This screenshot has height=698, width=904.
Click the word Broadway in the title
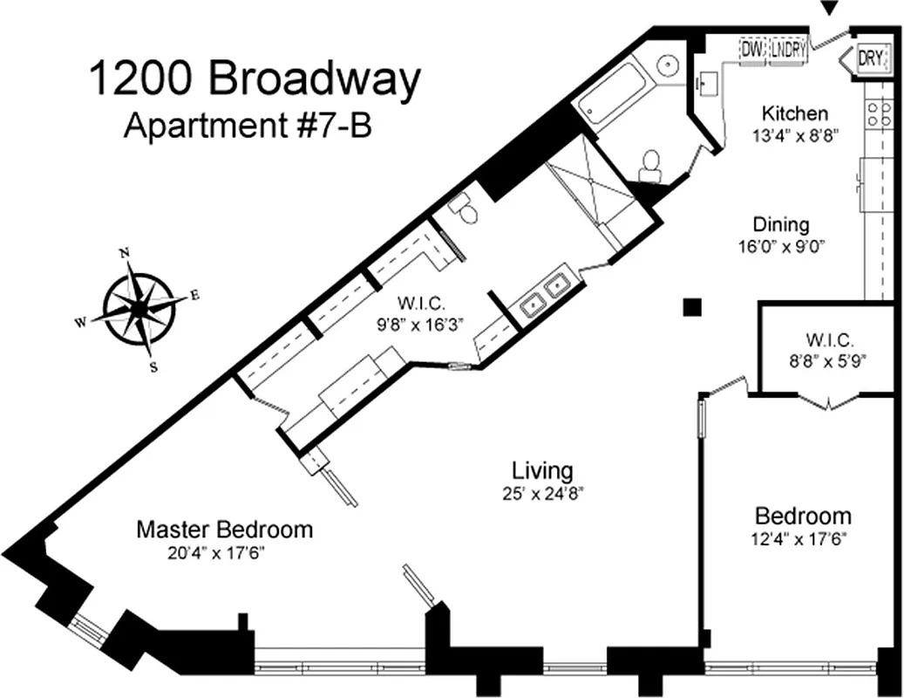(x=314, y=81)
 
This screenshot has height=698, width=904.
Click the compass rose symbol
(x=139, y=307)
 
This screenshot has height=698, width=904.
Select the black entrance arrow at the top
(x=830, y=9)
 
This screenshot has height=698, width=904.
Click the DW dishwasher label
(x=751, y=51)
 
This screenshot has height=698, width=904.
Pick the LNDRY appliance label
(x=786, y=51)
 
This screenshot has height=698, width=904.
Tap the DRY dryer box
(x=872, y=58)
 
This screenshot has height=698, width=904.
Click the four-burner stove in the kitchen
(x=877, y=114)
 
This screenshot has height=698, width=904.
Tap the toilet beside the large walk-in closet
(x=461, y=207)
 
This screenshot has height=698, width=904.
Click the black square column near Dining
(x=692, y=305)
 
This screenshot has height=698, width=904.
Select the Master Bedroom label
(x=224, y=529)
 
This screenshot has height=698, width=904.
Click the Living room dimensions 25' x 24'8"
(x=541, y=492)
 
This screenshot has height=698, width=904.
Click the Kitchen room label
(x=794, y=113)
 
